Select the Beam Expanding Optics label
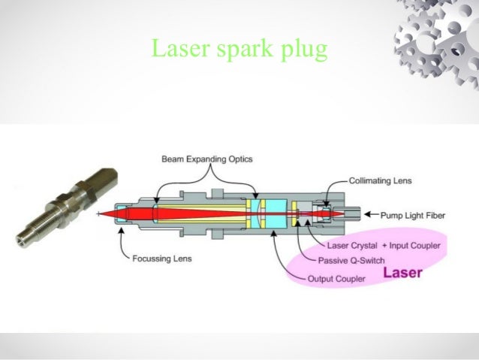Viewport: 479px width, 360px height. click(x=207, y=159)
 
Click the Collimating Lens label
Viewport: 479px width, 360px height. click(x=379, y=181)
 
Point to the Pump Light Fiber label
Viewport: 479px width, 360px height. click(x=414, y=216)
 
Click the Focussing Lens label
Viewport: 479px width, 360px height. click(x=161, y=259)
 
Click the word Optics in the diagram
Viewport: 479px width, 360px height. click(x=239, y=159)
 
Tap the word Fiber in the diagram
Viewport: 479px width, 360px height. click(x=435, y=216)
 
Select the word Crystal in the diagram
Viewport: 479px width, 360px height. click(x=365, y=246)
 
